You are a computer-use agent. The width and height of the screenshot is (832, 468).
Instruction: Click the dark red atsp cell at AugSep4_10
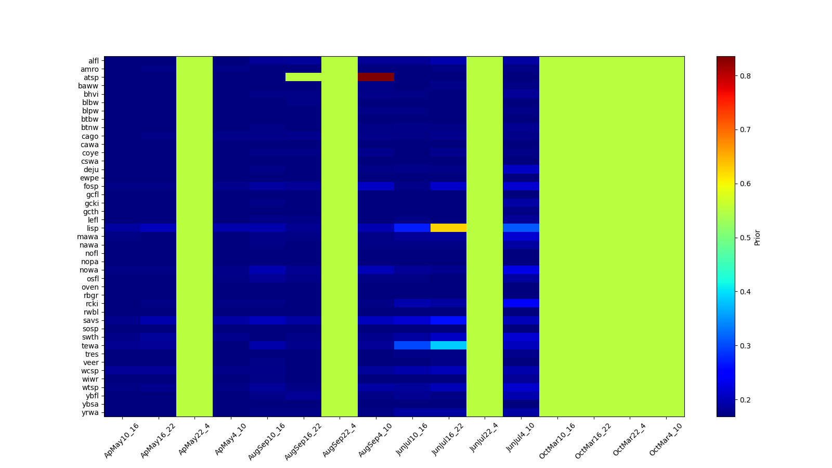pyautogui.click(x=375, y=77)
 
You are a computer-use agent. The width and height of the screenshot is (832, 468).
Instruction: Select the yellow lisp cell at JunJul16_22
pyautogui.click(x=448, y=228)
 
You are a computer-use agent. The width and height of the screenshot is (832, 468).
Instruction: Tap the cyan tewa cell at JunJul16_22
pyautogui.click(x=448, y=345)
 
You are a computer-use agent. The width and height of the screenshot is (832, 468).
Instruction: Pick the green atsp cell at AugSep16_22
pyautogui.click(x=303, y=77)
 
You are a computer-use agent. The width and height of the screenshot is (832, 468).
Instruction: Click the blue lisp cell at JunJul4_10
pyautogui.click(x=521, y=228)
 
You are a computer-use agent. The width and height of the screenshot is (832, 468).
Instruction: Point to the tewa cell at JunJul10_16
pyautogui.click(x=412, y=345)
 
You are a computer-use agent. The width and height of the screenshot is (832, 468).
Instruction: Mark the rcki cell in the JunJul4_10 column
pyautogui.click(x=521, y=303)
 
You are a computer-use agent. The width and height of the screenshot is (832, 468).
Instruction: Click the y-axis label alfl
pyautogui.click(x=93, y=61)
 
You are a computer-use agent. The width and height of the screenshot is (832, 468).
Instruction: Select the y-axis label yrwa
pyautogui.click(x=90, y=413)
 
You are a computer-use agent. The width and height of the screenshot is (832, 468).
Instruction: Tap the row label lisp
pyautogui.click(x=93, y=228)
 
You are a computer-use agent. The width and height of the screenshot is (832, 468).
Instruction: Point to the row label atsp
pyautogui.click(x=91, y=77)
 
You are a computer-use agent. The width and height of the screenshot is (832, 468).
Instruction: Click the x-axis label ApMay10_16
pyautogui.click(x=121, y=440)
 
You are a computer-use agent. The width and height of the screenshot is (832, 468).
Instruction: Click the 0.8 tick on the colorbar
pyautogui.click(x=745, y=76)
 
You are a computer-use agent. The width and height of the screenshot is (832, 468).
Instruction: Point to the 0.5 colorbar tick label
pyautogui.click(x=745, y=238)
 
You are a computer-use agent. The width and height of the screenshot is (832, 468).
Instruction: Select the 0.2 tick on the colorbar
pyautogui.click(x=745, y=400)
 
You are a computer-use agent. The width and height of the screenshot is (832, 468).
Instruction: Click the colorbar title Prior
pyautogui.click(x=757, y=237)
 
